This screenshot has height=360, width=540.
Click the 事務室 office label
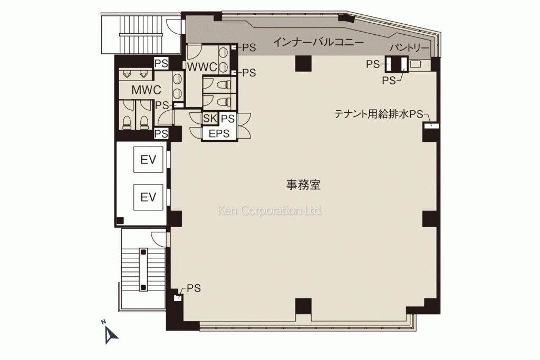pyautogui.click(x=304, y=185)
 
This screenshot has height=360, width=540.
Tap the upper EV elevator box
pyautogui.click(x=148, y=159)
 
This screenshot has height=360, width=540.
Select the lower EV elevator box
pyautogui.click(x=148, y=197)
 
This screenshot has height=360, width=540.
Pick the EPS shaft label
pyautogui.click(x=219, y=133)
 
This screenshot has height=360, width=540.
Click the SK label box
pyautogui.click(x=210, y=119)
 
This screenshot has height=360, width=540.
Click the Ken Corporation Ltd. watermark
pyautogui.click(x=270, y=211)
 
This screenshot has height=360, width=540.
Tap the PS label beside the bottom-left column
pyautogui.click(x=194, y=288)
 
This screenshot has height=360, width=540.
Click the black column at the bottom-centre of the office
pyautogui.click(x=304, y=306)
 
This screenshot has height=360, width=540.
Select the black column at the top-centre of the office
pyautogui.click(x=304, y=63)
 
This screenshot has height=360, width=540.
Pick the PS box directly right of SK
pyautogui.click(x=228, y=119)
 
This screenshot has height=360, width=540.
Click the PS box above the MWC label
pyautogui.click(x=161, y=63)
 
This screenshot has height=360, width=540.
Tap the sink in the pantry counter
pyautogui.click(x=415, y=64)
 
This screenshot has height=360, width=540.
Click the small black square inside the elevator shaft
pyautogui.click(x=121, y=220)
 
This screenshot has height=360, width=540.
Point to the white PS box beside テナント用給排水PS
pyautogui.click(x=431, y=125)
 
